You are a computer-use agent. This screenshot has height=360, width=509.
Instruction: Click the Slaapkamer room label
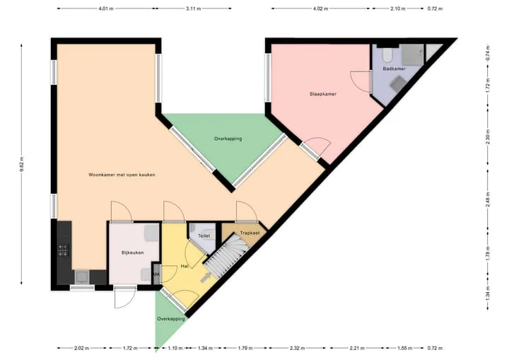point(322,94)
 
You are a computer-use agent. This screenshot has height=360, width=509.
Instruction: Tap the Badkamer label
point(394,69)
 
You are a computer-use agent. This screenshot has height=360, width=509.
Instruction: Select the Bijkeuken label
point(132,252)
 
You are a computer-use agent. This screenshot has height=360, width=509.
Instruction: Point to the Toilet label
point(204,236)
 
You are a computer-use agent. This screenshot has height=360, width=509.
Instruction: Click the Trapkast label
point(250,233)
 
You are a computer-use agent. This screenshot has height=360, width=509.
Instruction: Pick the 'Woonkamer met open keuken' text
point(122,175)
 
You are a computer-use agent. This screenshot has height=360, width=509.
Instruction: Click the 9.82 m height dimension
point(21,164)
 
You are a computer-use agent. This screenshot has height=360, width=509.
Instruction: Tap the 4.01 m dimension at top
point(106,8)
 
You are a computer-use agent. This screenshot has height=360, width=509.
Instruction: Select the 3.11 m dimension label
point(194,8)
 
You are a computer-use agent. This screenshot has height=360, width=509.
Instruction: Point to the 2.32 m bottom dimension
point(297,348)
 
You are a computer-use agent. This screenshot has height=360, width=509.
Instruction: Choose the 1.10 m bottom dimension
point(175,348)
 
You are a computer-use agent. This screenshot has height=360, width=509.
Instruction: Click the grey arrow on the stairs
point(206,277)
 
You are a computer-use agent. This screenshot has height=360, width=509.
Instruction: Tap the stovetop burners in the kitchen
point(63,250)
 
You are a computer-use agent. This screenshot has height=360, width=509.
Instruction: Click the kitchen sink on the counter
point(82,277)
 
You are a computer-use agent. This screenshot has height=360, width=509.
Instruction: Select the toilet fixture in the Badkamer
point(387,55)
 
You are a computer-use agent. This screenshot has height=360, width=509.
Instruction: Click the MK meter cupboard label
point(157,275)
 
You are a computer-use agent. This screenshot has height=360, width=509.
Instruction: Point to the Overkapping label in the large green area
point(228,139)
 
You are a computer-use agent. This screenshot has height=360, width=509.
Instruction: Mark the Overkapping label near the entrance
point(171,319)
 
